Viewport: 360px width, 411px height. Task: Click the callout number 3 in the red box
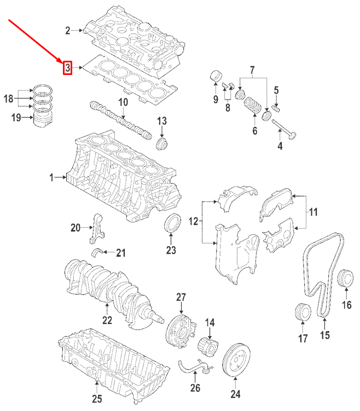pos(67,68)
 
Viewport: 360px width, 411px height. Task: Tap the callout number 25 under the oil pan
pos(96,398)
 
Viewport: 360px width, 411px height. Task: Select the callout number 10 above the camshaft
pos(123,102)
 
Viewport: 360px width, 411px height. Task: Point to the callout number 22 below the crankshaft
pos(107,320)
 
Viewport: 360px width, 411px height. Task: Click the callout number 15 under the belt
pos(325,335)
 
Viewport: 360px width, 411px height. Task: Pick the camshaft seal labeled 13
pos(162,144)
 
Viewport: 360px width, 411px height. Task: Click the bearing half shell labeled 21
pos(100,252)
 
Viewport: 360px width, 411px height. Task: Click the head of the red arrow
pos(61,60)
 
